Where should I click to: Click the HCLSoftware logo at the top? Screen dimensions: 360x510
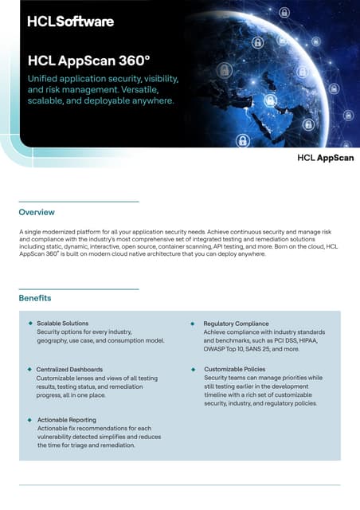coord(70,22)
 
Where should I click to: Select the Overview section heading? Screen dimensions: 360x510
coord(37,213)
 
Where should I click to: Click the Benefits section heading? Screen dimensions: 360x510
coord(36,299)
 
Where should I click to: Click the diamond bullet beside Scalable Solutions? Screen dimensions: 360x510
coord(30,323)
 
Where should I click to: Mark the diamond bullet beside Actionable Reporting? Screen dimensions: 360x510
coord(30,419)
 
